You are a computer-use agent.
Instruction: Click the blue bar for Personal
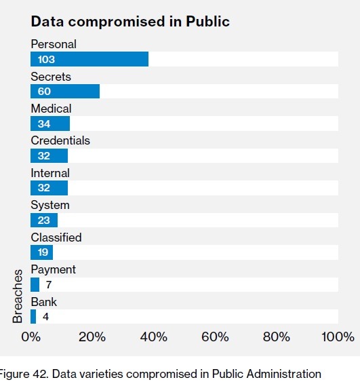click(x=89, y=59)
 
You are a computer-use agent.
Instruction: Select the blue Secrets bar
click(x=65, y=92)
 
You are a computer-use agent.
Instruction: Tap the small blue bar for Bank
click(x=33, y=316)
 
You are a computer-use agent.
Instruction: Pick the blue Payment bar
click(x=35, y=284)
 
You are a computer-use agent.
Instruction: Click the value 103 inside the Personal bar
click(x=46, y=60)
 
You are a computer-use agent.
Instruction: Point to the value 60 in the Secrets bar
click(x=44, y=92)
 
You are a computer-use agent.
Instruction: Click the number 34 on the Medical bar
click(x=44, y=123)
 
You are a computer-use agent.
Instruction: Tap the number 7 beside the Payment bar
click(x=49, y=284)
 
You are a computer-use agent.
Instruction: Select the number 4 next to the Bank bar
click(x=45, y=317)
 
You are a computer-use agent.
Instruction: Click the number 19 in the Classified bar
click(x=43, y=252)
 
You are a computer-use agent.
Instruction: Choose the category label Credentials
click(x=60, y=140)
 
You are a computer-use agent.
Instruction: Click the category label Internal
click(x=50, y=173)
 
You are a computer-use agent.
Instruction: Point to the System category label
click(x=50, y=205)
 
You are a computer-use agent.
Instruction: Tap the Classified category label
click(x=56, y=237)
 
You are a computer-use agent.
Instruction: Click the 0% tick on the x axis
click(x=31, y=337)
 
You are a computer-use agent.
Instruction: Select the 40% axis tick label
click(x=154, y=337)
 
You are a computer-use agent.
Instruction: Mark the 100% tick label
click(x=338, y=337)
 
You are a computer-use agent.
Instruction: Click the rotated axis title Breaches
click(x=17, y=296)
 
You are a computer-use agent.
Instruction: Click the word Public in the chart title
click(x=207, y=22)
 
